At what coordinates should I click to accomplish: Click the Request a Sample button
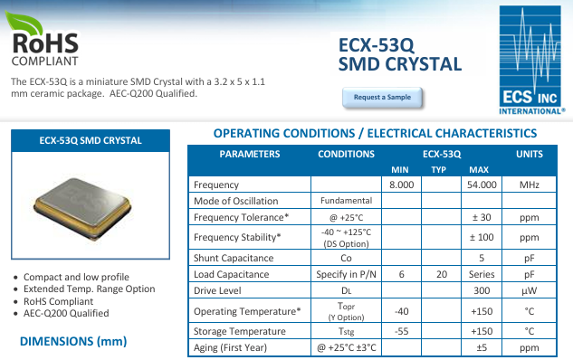381,97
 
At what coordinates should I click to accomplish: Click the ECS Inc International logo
530,59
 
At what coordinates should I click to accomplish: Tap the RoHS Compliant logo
45,40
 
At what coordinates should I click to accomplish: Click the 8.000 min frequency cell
401,185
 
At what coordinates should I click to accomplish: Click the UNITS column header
530,154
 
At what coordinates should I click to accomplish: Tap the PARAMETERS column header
250,154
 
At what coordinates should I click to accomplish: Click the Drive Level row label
218,290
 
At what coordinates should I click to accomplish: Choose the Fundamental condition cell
346,201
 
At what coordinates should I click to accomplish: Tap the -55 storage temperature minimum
401,331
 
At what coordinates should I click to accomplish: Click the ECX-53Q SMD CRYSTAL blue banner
91,141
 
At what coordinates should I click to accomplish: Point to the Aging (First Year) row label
230,348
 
